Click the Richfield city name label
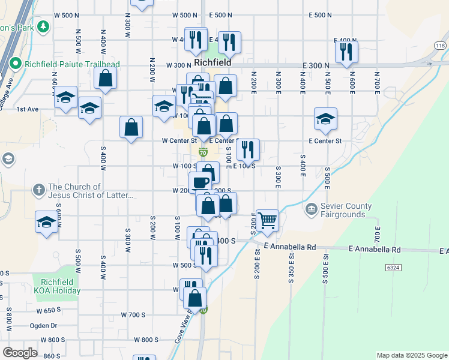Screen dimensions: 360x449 click(x=209, y=62)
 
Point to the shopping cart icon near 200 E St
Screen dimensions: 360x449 click(x=267, y=220)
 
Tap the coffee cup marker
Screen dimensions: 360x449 click(x=200, y=181)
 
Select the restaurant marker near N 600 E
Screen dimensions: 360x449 click(x=346, y=51)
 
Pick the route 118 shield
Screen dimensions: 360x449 click(x=440, y=46)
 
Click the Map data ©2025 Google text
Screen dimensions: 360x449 click(x=412, y=355)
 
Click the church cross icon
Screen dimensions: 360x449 click(x=38, y=190)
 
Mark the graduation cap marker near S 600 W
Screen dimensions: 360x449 click(x=46, y=221)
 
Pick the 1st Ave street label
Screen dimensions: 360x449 click(x=28, y=109)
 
